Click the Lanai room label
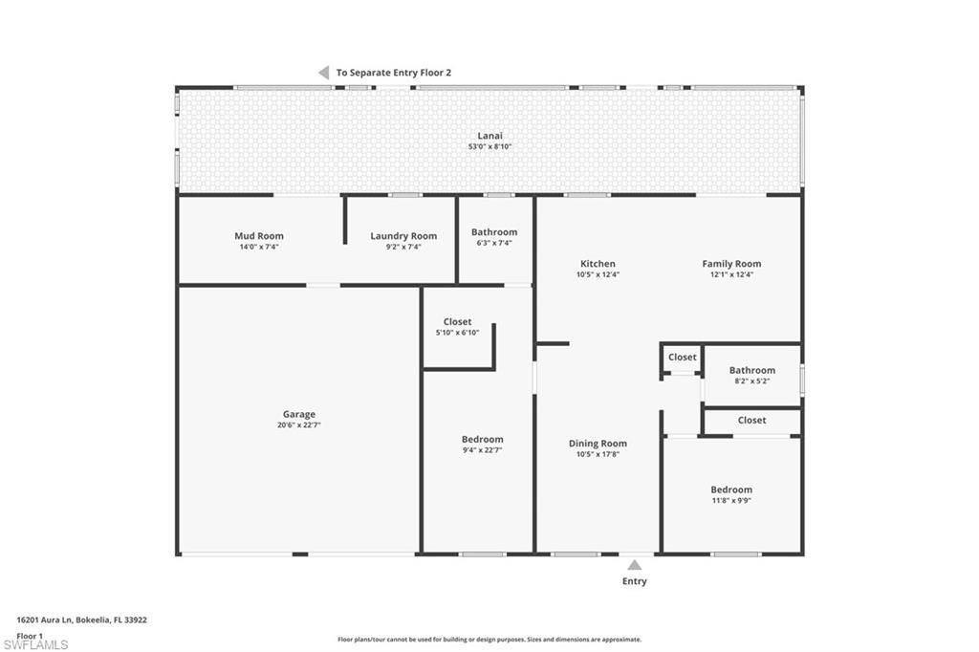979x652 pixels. (x=489, y=136)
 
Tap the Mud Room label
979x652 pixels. (x=258, y=236)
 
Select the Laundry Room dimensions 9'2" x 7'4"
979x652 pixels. (x=403, y=247)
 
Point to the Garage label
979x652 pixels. (x=298, y=414)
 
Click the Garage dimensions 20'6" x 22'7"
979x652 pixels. (x=298, y=424)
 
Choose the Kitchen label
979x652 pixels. (x=598, y=264)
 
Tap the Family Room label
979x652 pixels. (x=731, y=264)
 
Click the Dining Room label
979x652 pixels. (x=598, y=444)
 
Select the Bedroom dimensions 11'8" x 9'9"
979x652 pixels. (x=730, y=500)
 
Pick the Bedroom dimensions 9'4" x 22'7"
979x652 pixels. (x=482, y=450)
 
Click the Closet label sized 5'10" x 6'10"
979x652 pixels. (x=457, y=322)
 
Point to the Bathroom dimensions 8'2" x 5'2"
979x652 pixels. (x=751, y=380)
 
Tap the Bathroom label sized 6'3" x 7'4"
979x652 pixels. (x=494, y=232)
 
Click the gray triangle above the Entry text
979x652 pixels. (x=634, y=565)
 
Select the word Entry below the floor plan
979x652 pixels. (x=634, y=581)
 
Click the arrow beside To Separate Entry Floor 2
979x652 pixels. (x=323, y=73)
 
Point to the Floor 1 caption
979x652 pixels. (x=30, y=636)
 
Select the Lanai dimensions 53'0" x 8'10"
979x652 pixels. (x=489, y=146)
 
